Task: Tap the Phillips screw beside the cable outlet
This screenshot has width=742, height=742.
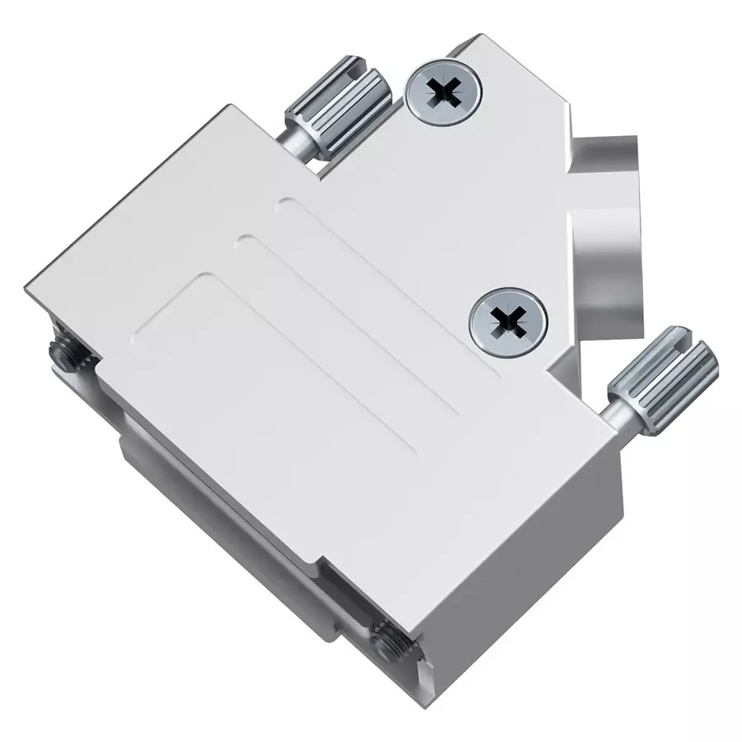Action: pyautogui.click(x=509, y=322)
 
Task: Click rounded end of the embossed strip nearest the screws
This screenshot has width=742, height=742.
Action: pyautogui.click(x=285, y=204)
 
